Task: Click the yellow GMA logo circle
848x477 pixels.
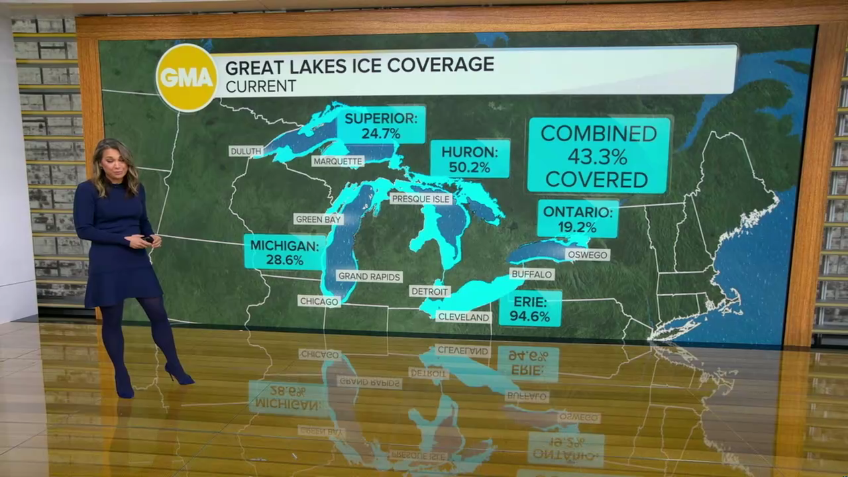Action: coord(187,78)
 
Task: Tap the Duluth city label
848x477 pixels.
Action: coord(246,151)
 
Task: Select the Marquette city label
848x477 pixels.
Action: coord(338,161)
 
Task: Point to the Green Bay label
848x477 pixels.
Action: coord(319,219)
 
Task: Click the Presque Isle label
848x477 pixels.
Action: coord(421,199)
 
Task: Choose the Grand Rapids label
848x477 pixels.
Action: coord(369,276)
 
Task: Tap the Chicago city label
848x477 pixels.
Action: coord(319,301)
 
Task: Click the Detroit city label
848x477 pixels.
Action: coord(429,291)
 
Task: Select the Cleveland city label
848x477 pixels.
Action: coord(464,317)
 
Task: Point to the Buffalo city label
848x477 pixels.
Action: coord(531,274)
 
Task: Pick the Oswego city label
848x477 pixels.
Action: coord(587,254)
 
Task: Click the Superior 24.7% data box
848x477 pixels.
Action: coord(381,125)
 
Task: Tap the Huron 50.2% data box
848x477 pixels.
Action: coord(470,159)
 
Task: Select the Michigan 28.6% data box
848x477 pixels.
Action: coord(284,252)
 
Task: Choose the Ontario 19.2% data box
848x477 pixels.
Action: coord(578,219)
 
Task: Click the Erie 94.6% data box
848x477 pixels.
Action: coord(530,308)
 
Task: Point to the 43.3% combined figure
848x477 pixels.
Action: coord(598,157)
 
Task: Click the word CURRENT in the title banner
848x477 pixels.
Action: coord(260,86)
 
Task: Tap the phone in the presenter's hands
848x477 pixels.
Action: coord(148,238)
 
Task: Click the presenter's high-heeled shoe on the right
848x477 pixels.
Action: coord(179,375)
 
